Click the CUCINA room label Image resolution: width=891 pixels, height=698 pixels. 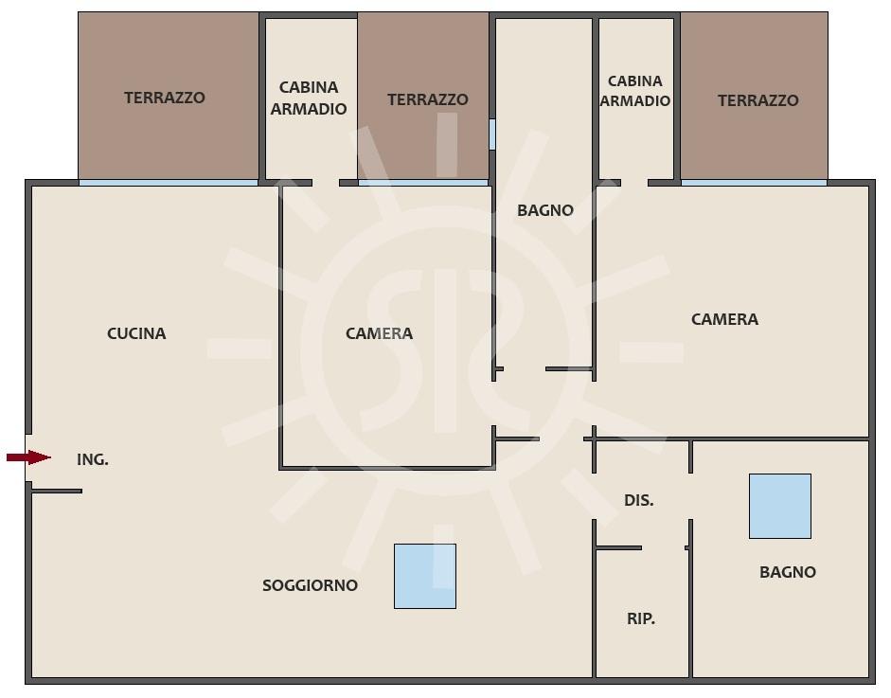point(136,333)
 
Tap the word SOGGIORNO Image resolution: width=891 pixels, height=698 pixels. point(310,585)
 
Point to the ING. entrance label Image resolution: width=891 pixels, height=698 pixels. point(93,459)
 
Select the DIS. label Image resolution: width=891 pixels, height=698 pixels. point(639,500)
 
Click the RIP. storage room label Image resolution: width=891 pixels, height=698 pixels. point(641,618)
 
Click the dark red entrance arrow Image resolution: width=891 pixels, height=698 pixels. point(29,457)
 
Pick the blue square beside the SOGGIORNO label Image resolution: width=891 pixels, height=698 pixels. point(425,577)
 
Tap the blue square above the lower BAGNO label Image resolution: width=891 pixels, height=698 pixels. point(780,506)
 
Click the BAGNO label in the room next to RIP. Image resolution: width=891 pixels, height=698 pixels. point(788,572)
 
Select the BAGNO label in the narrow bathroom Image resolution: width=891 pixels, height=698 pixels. point(545,210)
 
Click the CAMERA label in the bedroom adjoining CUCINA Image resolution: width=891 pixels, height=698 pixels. point(379,333)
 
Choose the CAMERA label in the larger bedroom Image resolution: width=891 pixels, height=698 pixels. point(724,319)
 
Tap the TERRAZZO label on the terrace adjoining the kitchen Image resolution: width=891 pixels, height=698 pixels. point(165,98)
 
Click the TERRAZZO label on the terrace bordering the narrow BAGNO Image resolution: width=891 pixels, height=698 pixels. point(428,99)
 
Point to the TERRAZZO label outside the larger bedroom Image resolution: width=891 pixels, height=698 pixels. point(758,100)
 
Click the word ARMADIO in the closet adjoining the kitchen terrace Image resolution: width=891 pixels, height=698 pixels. point(309,109)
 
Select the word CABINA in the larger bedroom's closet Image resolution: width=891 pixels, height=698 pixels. point(634,81)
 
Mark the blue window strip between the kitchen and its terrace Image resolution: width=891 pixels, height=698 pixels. point(169,183)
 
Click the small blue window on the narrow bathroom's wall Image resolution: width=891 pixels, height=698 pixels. point(492,134)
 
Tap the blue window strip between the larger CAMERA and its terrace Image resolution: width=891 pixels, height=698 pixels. point(754,183)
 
